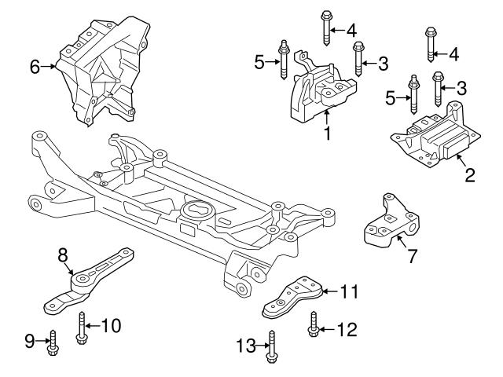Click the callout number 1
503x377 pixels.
click(327, 134)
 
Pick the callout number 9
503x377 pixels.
click(29, 341)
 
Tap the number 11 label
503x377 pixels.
click(349, 291)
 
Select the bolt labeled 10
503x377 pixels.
click(81, 326)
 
